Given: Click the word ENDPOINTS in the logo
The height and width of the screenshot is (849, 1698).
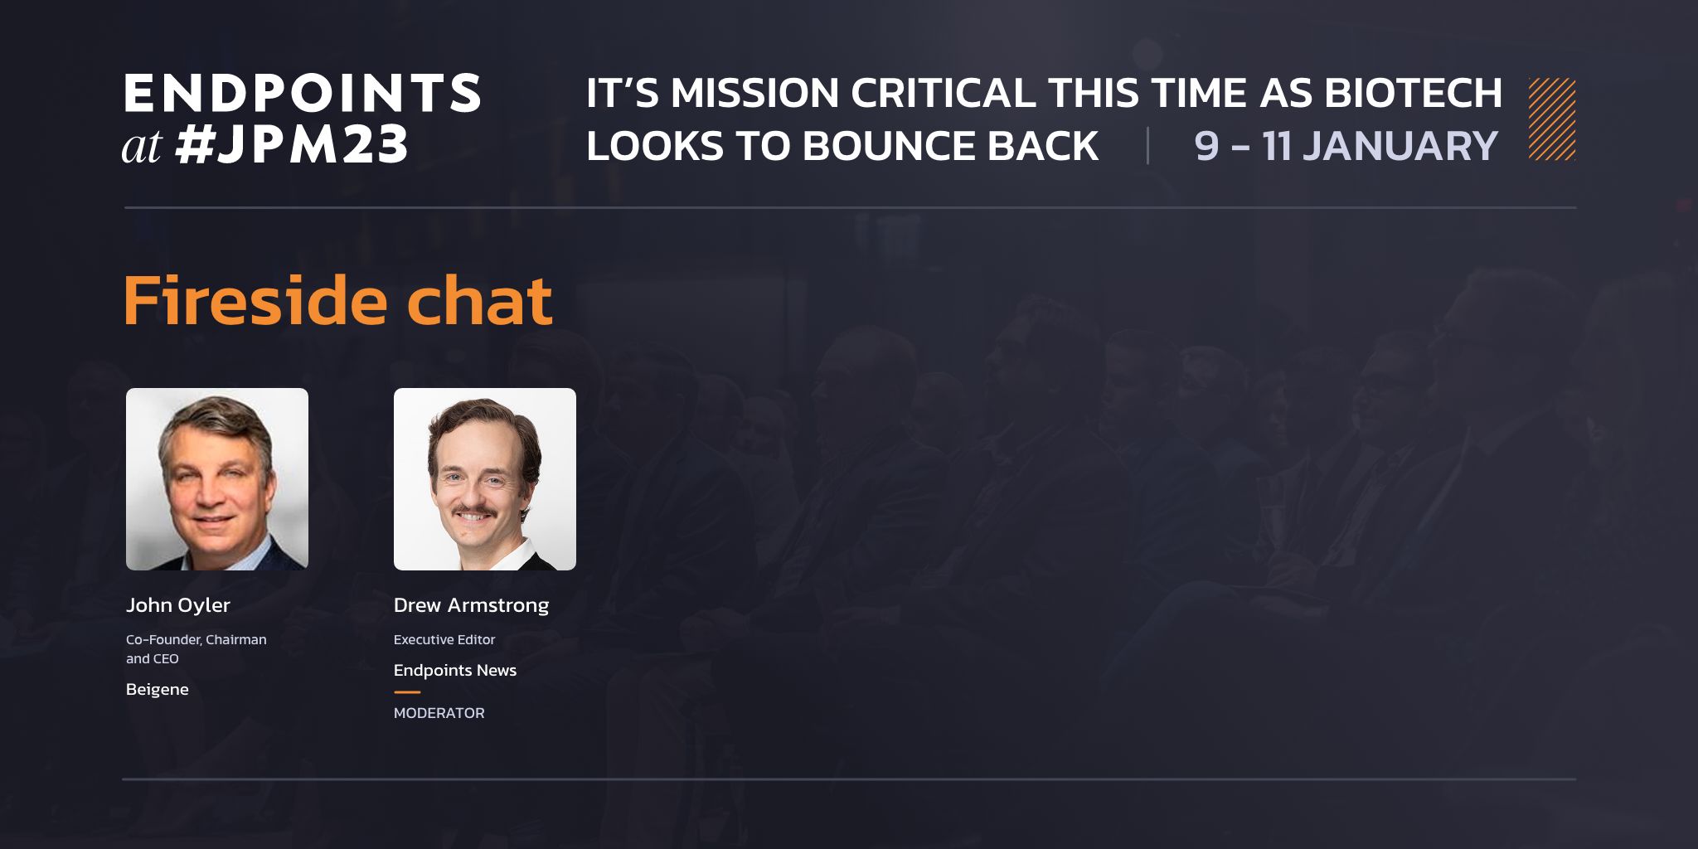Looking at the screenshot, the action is click(x=303, y=92).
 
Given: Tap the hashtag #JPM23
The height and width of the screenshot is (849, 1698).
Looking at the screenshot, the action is click(x=292, y=145).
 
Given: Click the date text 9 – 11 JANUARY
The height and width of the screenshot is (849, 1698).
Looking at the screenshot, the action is click(x=1346, y=146).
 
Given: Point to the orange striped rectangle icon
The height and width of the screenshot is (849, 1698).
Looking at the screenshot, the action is click(x=1552, y=119).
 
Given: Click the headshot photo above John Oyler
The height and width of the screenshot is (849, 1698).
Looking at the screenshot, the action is click(x=217, y=479).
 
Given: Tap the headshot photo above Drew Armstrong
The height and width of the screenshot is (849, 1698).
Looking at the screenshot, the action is click(x=485, y=479).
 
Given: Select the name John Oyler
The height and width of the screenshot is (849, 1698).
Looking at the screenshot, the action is click(x=178, y=605).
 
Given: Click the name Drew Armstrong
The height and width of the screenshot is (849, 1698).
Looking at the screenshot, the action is click(x=471, y=605).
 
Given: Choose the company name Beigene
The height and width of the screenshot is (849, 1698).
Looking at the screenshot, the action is click(x=158, y=690).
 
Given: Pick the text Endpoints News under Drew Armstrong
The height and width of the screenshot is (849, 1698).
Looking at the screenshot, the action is click(x=455, y=670).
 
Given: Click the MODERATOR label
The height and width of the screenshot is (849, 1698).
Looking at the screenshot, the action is click(x=439, y=713).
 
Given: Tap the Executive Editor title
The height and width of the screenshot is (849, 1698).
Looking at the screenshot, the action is click(x=444, y=639).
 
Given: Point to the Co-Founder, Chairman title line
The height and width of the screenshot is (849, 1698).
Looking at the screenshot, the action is click(x=196, y=639).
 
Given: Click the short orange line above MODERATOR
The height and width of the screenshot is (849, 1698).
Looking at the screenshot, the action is click(x=407, y=691).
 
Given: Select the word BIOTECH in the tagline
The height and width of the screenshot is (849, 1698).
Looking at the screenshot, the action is click(x=1414, y=93).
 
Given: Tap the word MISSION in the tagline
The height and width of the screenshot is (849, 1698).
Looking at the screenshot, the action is click(x=754, y=93).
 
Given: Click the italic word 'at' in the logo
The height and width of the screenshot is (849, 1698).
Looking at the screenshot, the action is click(x=142, y=148).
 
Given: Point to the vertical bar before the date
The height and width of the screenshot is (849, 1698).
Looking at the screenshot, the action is click(x=1147, y=146).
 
